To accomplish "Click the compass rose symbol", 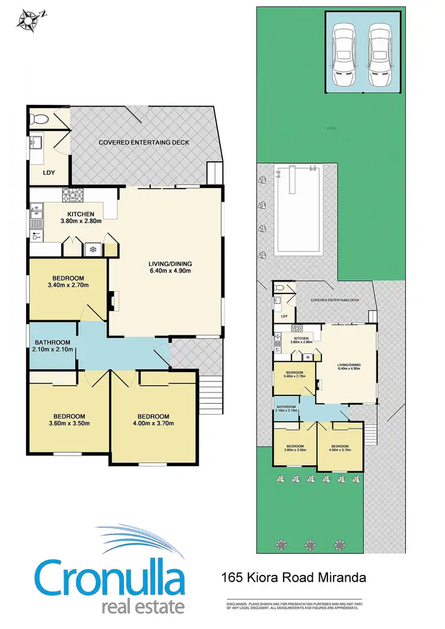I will coord(28,19).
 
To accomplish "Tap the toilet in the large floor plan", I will coord(39,119).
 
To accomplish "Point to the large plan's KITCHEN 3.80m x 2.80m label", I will coord(81,217).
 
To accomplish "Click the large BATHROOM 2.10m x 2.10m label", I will coord(53,346).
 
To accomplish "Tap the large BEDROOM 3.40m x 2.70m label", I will coord(68,282).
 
